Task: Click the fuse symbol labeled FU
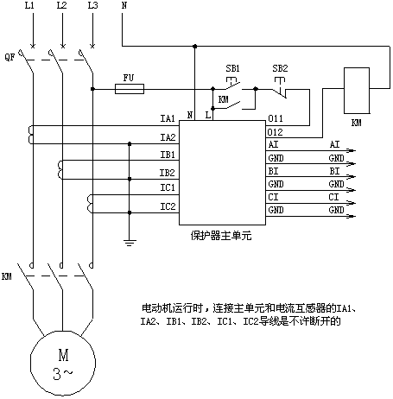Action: [x=130, y=89]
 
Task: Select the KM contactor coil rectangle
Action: [x=357, y=91]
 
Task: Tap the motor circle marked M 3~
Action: [x=63, y=363]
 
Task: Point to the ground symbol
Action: [x=130, y=243]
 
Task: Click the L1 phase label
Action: [x=29, y=5]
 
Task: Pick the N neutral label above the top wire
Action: [x=124, y=5]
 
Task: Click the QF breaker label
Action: [x=10, y=57]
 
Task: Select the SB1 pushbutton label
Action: [x=232, y=68]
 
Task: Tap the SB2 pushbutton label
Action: [x=280, y=68]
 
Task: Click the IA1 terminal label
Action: [x=168, y=118]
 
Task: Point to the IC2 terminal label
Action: [x=168, y=206]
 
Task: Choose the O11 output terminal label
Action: [x=276, y=118]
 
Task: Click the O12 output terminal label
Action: [x=276, y=132]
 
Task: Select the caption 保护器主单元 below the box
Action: [x=221, y=236]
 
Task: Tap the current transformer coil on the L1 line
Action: [x=30, y=135]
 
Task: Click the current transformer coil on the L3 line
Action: [x=90, y=204]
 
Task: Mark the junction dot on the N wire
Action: [x=195, y=46]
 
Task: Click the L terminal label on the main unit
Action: [x=208, y=116]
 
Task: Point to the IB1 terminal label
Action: [x=168, y=155]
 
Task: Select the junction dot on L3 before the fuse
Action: [x=92, y=89]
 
